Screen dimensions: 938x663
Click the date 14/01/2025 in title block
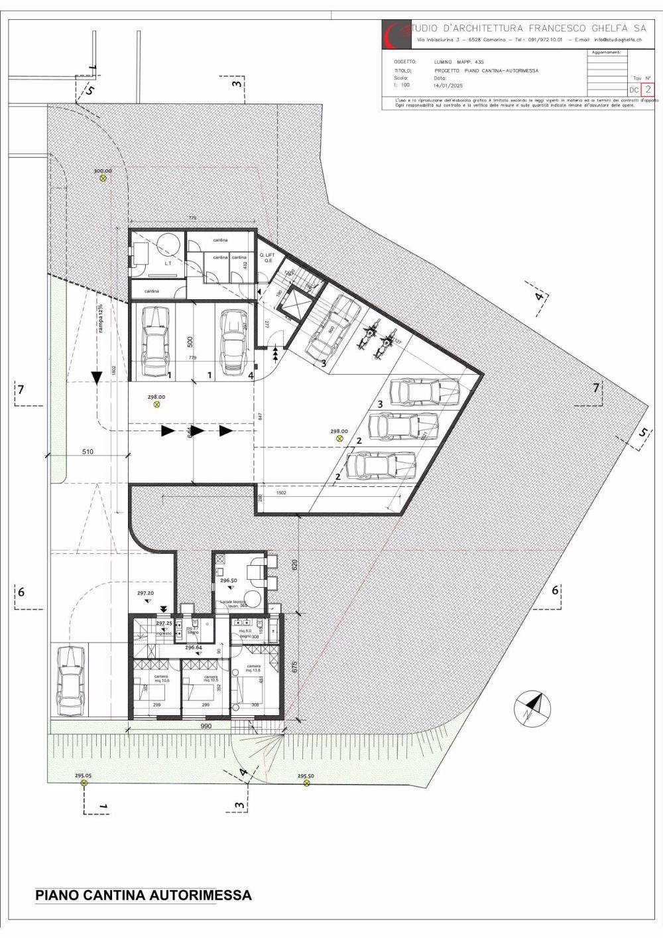[x=448, y=86]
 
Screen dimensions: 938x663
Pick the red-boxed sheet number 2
[x=648, y=89]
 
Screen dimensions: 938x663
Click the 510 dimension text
[x=88, y=452]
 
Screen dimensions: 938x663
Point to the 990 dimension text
[x=205, y=727]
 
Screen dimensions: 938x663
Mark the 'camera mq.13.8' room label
[x=253, y=668]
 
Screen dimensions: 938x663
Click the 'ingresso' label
[x=164, y=633]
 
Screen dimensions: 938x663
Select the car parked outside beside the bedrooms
[x=70, y=681]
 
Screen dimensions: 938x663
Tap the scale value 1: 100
[x=401, y=86]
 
